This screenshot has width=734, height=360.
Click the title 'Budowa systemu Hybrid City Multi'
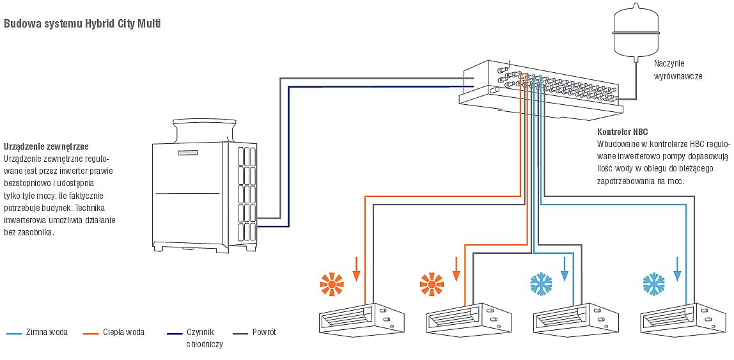click(82, 24)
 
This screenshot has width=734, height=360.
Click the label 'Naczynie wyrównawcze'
click(678, 70)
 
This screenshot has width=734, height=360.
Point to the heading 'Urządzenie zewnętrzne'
click(46, 146)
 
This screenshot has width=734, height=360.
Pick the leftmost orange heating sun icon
click(332, 283)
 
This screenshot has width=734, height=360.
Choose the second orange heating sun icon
click(432, 283)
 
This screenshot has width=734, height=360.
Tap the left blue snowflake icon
click(542, 283)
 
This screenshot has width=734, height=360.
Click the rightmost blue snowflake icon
click(653, 283)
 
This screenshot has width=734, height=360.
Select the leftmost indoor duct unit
click(361, 318)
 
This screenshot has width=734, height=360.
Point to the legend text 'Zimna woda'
click(47, 333)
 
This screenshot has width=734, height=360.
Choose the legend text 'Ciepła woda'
click(123, 333)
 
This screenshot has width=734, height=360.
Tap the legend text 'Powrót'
click(264, 333)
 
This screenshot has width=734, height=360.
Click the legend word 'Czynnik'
click(199, 333)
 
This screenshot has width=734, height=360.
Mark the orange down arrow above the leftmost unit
click(357, 269)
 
